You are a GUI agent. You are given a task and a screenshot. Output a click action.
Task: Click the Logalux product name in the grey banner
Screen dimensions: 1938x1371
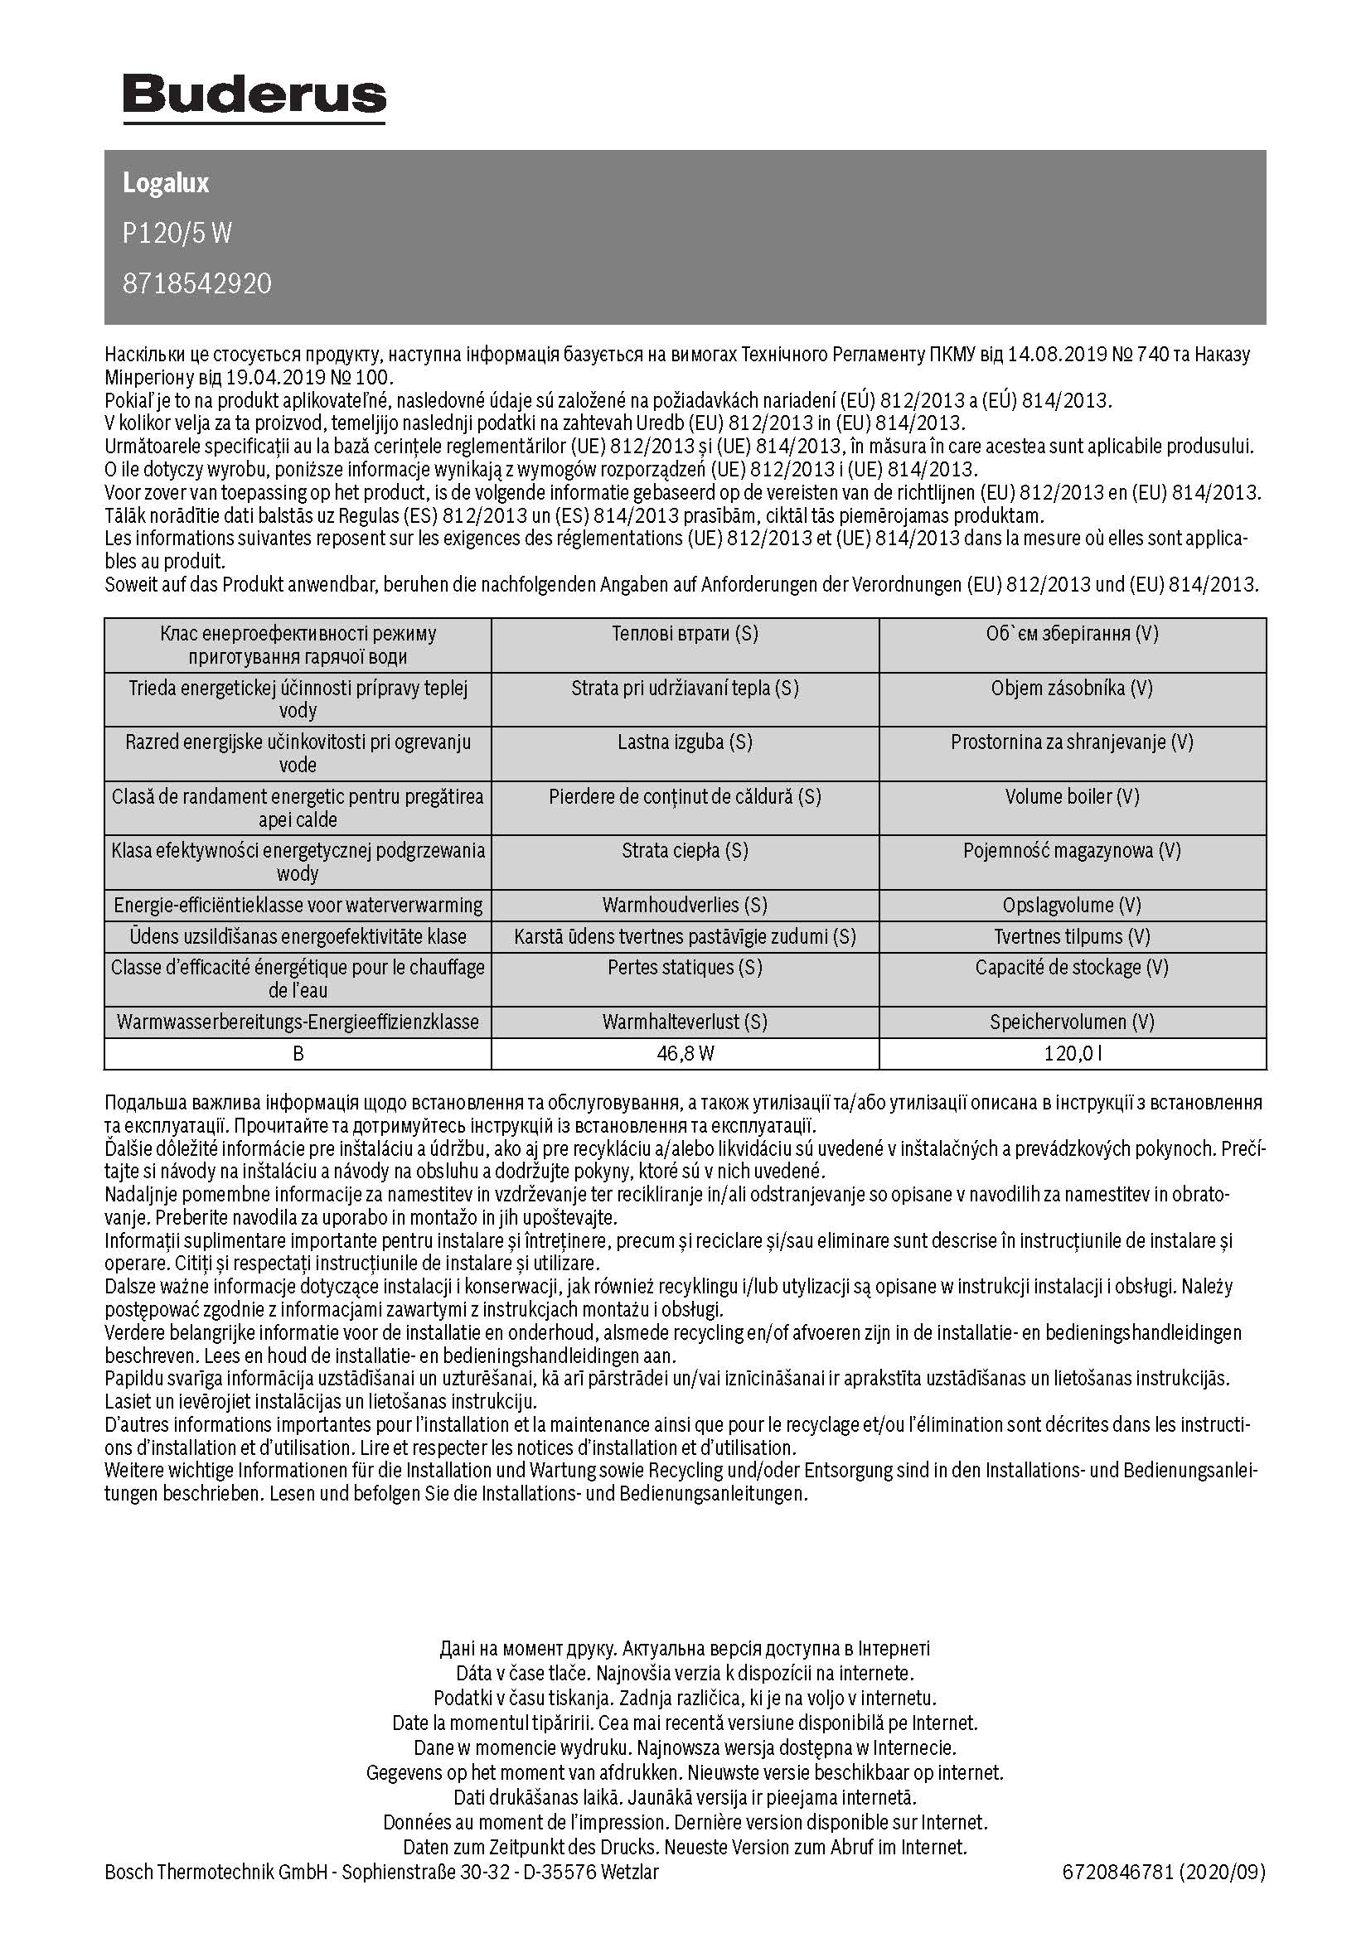[x=166, y=183]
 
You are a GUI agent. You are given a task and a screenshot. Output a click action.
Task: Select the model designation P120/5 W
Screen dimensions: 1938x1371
[x=177, y=233]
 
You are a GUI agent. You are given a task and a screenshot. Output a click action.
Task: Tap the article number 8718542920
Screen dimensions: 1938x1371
[x=196, y=283]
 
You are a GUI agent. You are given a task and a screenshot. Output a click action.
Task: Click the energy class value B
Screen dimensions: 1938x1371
[x=298, y=1053]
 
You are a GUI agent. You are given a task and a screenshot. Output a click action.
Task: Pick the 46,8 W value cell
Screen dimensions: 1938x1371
[x=685, y=1053]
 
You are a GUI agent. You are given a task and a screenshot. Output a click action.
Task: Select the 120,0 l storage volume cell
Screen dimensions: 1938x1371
[x=1072, y=1053]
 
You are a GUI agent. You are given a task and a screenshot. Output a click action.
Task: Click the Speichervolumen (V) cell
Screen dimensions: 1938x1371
[x=1072, y=1022]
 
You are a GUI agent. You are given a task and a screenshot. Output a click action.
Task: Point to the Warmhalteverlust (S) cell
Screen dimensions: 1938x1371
[x=685, y=1022]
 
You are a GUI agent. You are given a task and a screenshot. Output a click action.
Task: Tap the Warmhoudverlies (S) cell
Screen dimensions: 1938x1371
[x=685, y=906]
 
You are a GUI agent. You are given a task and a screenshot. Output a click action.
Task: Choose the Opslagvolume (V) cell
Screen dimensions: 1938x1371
[x=1072, y=906]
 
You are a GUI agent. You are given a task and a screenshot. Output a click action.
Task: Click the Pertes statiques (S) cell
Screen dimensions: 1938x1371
[x=685, y=967]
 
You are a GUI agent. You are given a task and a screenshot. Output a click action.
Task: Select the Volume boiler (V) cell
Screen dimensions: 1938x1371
[x=1072, y=797]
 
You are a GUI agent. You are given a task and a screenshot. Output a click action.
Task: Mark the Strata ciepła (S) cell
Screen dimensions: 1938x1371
[x=685, y=851]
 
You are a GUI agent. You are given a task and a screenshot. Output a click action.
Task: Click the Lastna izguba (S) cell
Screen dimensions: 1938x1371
[x=685, y=742]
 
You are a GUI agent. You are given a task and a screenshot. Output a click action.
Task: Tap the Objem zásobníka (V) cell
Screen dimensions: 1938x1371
[x=1072, y=688]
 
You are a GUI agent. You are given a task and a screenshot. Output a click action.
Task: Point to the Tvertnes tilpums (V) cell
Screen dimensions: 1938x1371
[x=1072, y=937]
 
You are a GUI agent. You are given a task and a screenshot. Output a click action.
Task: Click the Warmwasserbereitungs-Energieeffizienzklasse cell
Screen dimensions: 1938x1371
[x=298, y=1022]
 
